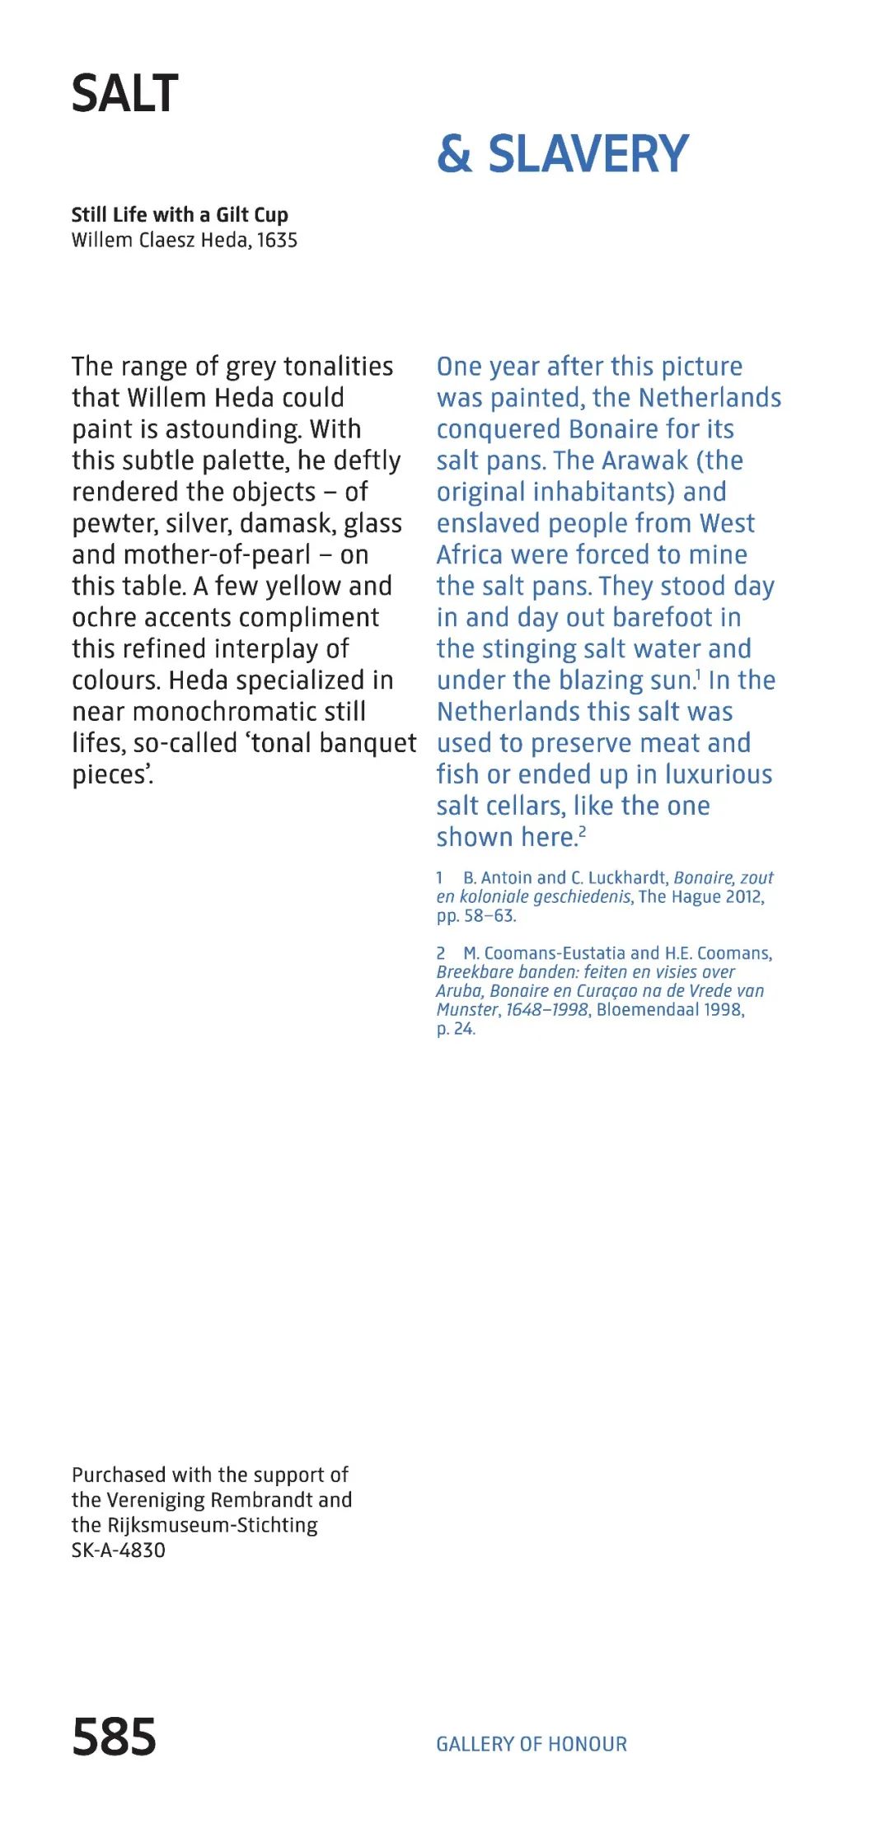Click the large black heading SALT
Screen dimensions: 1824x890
point(124,94)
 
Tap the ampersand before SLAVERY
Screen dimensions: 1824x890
point(454,154)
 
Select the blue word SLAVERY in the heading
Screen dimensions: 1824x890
point(588,154)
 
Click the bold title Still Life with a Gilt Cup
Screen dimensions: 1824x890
point(180,215)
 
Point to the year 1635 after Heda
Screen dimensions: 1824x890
point(277,241)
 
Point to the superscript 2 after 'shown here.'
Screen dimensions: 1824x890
point(583,832)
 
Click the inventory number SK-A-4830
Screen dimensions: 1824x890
point(119,1550)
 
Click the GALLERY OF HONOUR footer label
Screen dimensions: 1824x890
point(532,1744)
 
